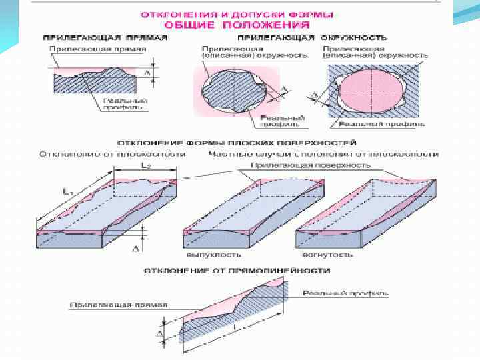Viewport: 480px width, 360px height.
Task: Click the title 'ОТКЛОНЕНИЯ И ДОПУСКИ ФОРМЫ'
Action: tap(237, 13)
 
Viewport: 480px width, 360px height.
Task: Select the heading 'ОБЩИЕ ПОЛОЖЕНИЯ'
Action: tap(237, 24)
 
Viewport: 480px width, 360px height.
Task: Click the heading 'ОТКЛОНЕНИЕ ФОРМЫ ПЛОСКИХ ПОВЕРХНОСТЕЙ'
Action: tap(237, 143)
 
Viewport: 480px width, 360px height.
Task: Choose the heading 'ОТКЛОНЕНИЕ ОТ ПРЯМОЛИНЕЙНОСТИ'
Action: tap(237, 271)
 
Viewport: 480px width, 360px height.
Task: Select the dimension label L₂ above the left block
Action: tap(145, 164)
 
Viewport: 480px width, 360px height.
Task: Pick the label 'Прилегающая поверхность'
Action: tap(293, 164)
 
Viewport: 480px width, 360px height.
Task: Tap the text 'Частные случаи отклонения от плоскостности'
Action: tap(323, 154)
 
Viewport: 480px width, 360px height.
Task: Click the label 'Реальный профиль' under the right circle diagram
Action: tap(381, 124)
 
